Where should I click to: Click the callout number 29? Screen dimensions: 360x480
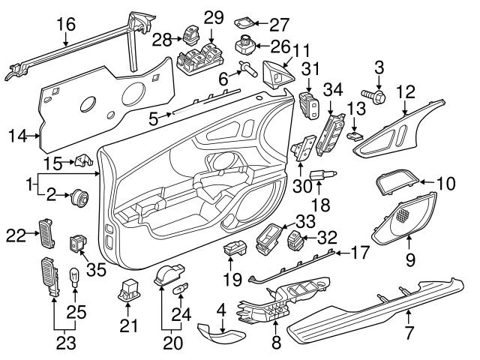[214, 17]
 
